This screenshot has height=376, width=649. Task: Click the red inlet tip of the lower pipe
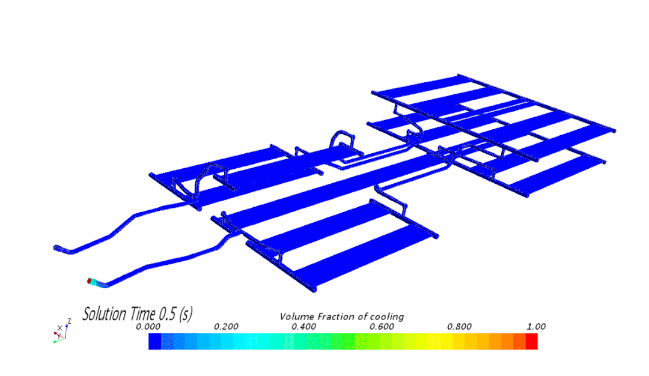90,280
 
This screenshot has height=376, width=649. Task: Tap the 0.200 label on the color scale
226,326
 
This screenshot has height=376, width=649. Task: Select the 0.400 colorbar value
304,326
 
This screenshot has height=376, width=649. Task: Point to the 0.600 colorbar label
382,326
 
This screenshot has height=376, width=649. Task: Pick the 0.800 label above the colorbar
459,326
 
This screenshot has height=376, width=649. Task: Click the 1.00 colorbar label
536,326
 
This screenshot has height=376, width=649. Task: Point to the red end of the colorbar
531,341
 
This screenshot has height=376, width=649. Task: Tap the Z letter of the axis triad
70,321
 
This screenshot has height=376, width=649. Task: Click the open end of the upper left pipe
57,247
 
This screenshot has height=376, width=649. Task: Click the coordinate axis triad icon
60,332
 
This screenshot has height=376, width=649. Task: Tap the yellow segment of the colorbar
463,341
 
